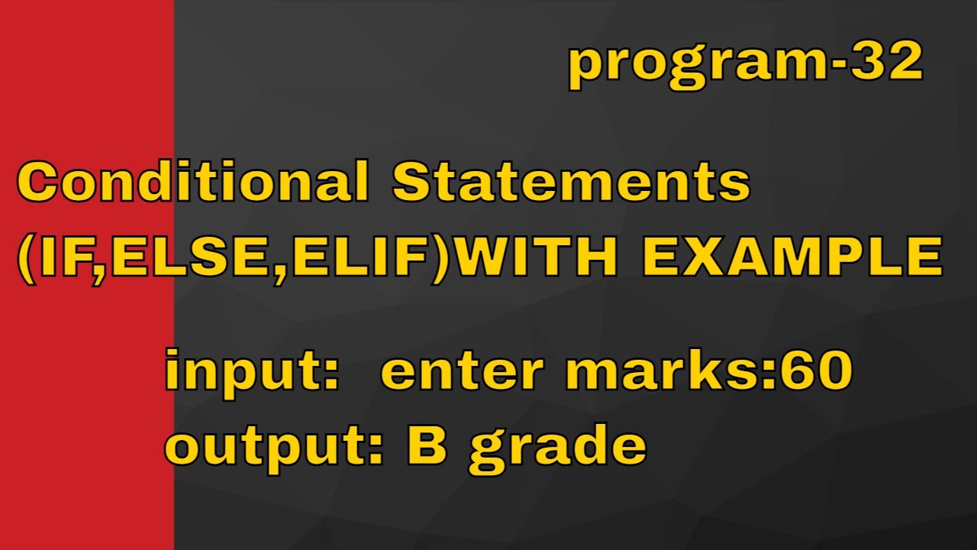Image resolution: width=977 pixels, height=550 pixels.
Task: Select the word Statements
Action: point(572,184)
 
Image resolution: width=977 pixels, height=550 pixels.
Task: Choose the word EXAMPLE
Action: point(791,257)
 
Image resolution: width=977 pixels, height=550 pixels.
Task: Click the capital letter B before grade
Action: point(427,445)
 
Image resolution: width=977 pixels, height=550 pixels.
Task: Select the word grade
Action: point(557,449)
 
